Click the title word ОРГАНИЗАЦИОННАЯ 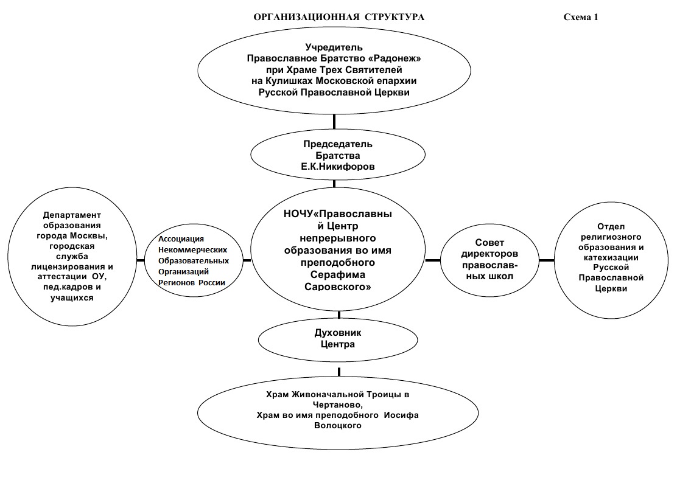(x=306, y=17)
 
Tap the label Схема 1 (x=581, y=17)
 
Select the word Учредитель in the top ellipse (x=334, y=47)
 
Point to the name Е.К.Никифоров (x=338, y=167)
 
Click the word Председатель (x=338, y=144)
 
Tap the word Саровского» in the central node (x=338, y=287)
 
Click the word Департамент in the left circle (x=72, y=215)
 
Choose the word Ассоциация (x=181, y=239)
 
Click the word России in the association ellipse (x=212, y=283)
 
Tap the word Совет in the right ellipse (x=489, y=243)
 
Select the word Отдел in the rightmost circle (x=611, y=226)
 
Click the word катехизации (x=611, y=257)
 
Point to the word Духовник (x=338, y=333)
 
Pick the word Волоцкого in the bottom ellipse (x=338, y=426)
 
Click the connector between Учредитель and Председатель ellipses (x=334, y=121)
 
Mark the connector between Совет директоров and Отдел (x=547, y=260)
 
